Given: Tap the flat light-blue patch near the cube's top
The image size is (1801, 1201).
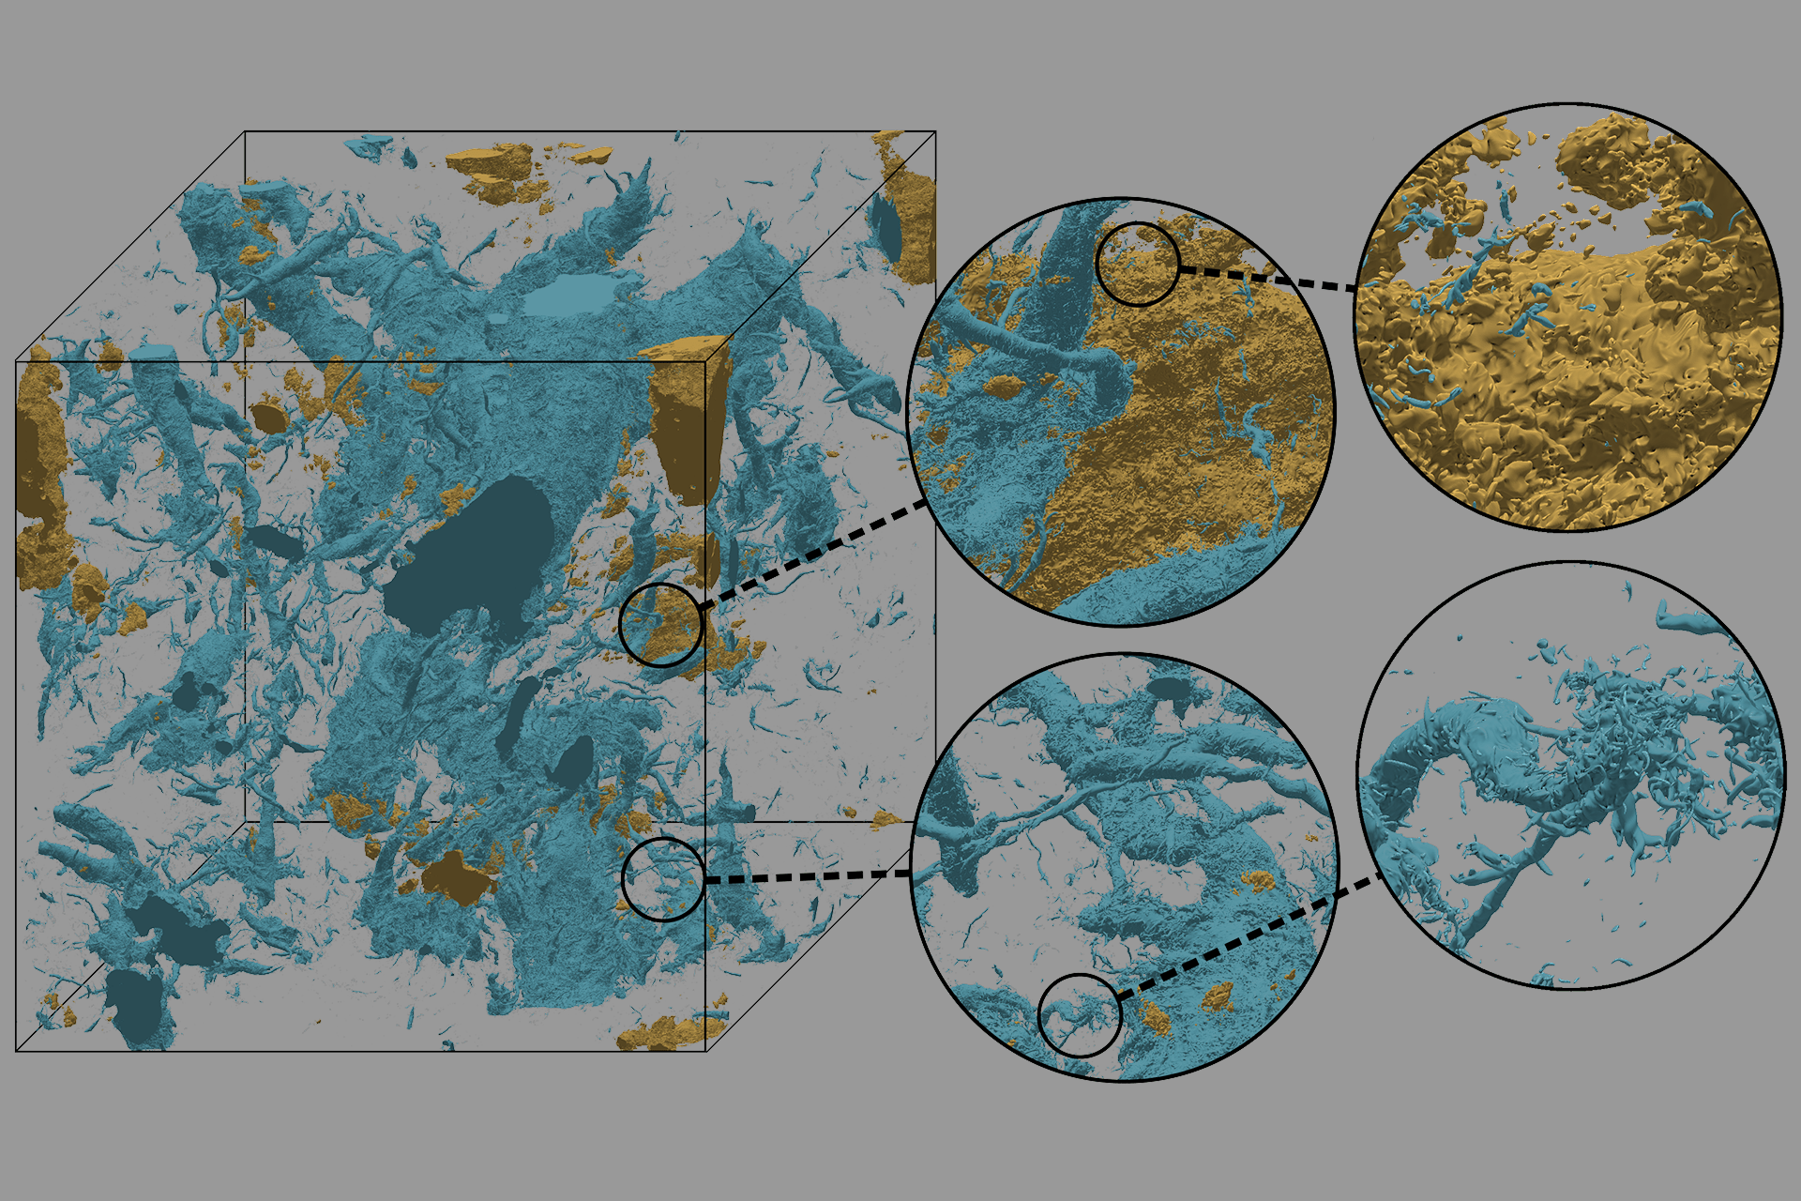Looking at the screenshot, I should click(x=570, y=295).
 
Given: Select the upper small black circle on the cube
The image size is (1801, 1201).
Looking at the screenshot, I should click(x=660, y=625).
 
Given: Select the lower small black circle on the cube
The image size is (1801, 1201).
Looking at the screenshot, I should click(x=663, y=879).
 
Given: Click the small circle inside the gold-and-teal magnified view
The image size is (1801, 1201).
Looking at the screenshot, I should click(x=1137, y=264).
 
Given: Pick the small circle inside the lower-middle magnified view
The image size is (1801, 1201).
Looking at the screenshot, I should click(x=1080, y=1015).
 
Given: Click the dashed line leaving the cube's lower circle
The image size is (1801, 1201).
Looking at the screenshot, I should click(x=807, y=876).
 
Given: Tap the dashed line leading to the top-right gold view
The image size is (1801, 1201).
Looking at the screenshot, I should click(x=1266, y=279).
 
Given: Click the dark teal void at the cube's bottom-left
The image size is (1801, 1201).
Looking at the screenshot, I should click(x=141, y=1004).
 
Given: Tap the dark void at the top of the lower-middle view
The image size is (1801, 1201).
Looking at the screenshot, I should click(x=1168, y=689).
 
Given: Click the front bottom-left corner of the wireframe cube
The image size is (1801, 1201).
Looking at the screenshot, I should click(x=17, y=1051).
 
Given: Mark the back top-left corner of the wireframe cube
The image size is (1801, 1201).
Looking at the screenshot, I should click(x=245, y=131).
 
